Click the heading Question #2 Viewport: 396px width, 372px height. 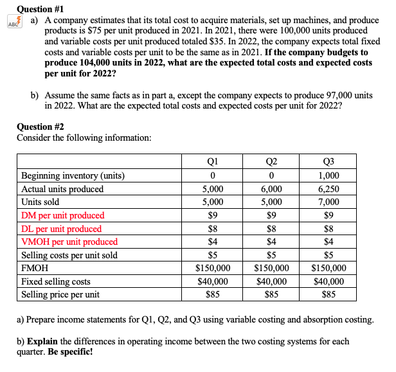[40, 127]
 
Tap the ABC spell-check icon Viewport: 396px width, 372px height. [11, 22]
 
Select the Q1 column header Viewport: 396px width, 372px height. [213, 162]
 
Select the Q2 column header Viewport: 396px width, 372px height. [271, 162]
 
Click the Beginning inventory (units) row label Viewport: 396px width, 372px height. [73, 176]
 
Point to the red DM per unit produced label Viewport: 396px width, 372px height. [63, 215]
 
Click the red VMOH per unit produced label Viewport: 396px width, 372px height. [69, 242]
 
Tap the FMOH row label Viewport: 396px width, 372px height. [35, 269]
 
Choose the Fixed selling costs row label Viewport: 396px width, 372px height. [56, 281]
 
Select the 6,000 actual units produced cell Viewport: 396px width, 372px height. [271, 189]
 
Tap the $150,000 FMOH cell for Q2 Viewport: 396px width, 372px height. [271, 269]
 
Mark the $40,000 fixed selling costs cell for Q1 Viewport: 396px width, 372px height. [213, 281]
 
